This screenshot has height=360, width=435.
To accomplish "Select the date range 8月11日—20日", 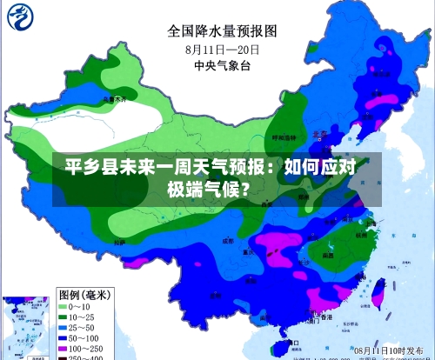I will [221, 50].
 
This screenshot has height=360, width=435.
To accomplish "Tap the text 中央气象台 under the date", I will [221, 66].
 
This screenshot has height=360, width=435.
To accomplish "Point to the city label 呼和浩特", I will [280, 137].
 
